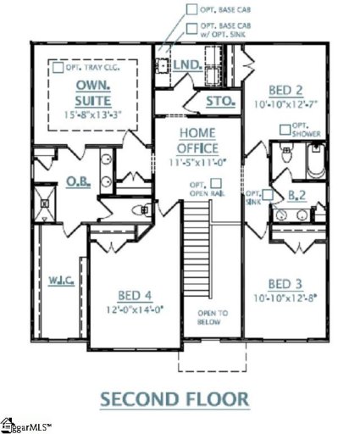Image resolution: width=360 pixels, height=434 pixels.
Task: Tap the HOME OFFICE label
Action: (x=197, y=139)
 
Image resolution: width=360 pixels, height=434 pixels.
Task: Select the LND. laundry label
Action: (x=186, y=64)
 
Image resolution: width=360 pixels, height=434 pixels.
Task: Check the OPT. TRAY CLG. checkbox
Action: (x=57, y=65)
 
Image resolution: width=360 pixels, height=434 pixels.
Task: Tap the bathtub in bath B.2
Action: (x=315, y=161)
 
